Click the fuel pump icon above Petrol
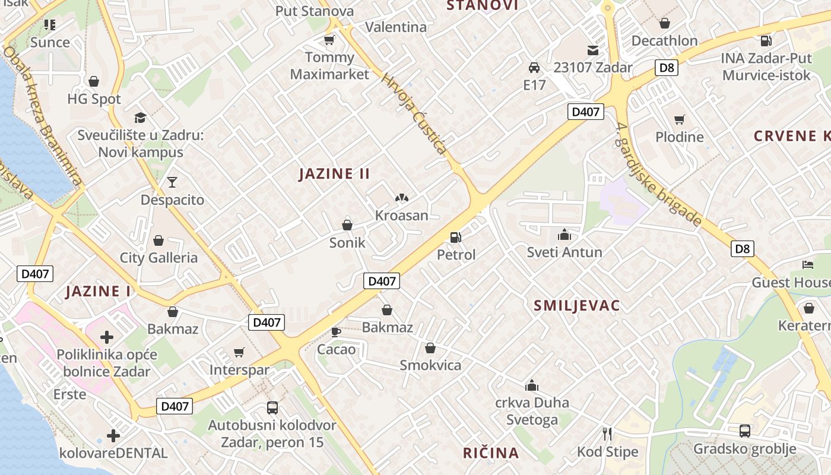[x=455, y=237]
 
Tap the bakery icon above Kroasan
[x=401, y=197]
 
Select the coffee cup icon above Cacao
[x=335, y=331]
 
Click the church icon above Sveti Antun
[x=564, y=235]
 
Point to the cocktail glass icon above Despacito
[x=172, y=182]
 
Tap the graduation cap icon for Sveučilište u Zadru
[x=140, y=118]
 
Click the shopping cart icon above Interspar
[x=239, y=353]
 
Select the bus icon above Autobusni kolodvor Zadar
[x=272, y=407]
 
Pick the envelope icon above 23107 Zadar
[x=593, y=50]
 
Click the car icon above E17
[x=534, y=67]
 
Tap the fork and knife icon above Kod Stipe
[x=607, y=434]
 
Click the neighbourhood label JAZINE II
[x=334, y=174]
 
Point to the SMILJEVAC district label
[x=576, y=306]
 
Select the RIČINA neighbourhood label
[x=491, y=453]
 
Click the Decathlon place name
[x=664, y=41]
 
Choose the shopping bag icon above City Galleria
[x=158, y=240]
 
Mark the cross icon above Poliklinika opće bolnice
[x=107, y=338]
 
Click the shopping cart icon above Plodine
[x=680, y=119]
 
